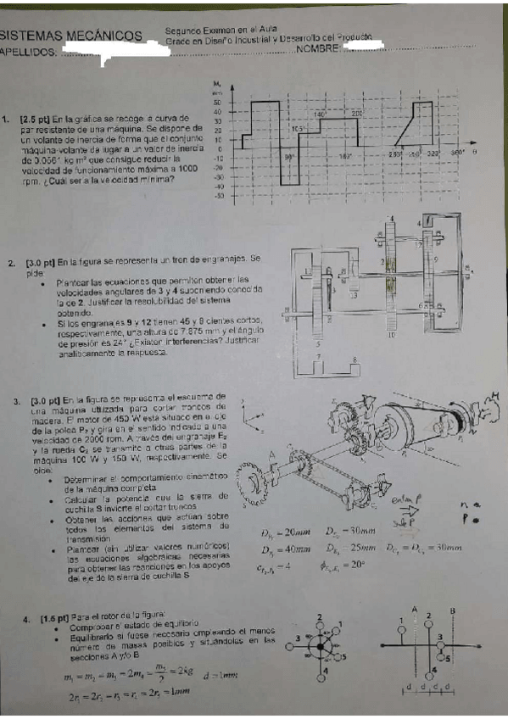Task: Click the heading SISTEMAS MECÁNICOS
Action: [x=71, y=36]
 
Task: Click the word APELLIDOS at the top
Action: [x=30, y=53]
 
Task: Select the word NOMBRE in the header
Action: [x=318, y=49]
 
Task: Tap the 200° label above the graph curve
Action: [x=356, y=113]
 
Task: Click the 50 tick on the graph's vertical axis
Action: [x=218, y=102]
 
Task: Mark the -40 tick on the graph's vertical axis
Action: [x=217, y=186]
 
